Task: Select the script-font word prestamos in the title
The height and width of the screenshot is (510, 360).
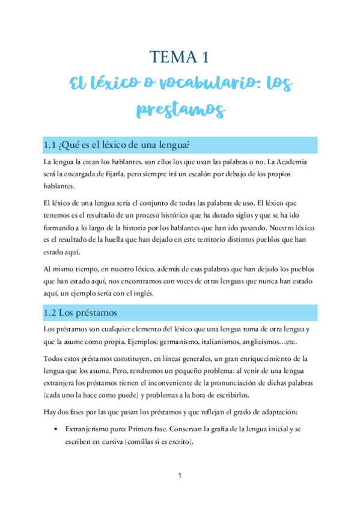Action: click(180, 110)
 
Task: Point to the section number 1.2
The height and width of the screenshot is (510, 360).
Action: click(51, 313)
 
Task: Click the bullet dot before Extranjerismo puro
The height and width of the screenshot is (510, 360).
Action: click(56, 429)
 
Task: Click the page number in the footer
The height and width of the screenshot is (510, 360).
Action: click(180, 476)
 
